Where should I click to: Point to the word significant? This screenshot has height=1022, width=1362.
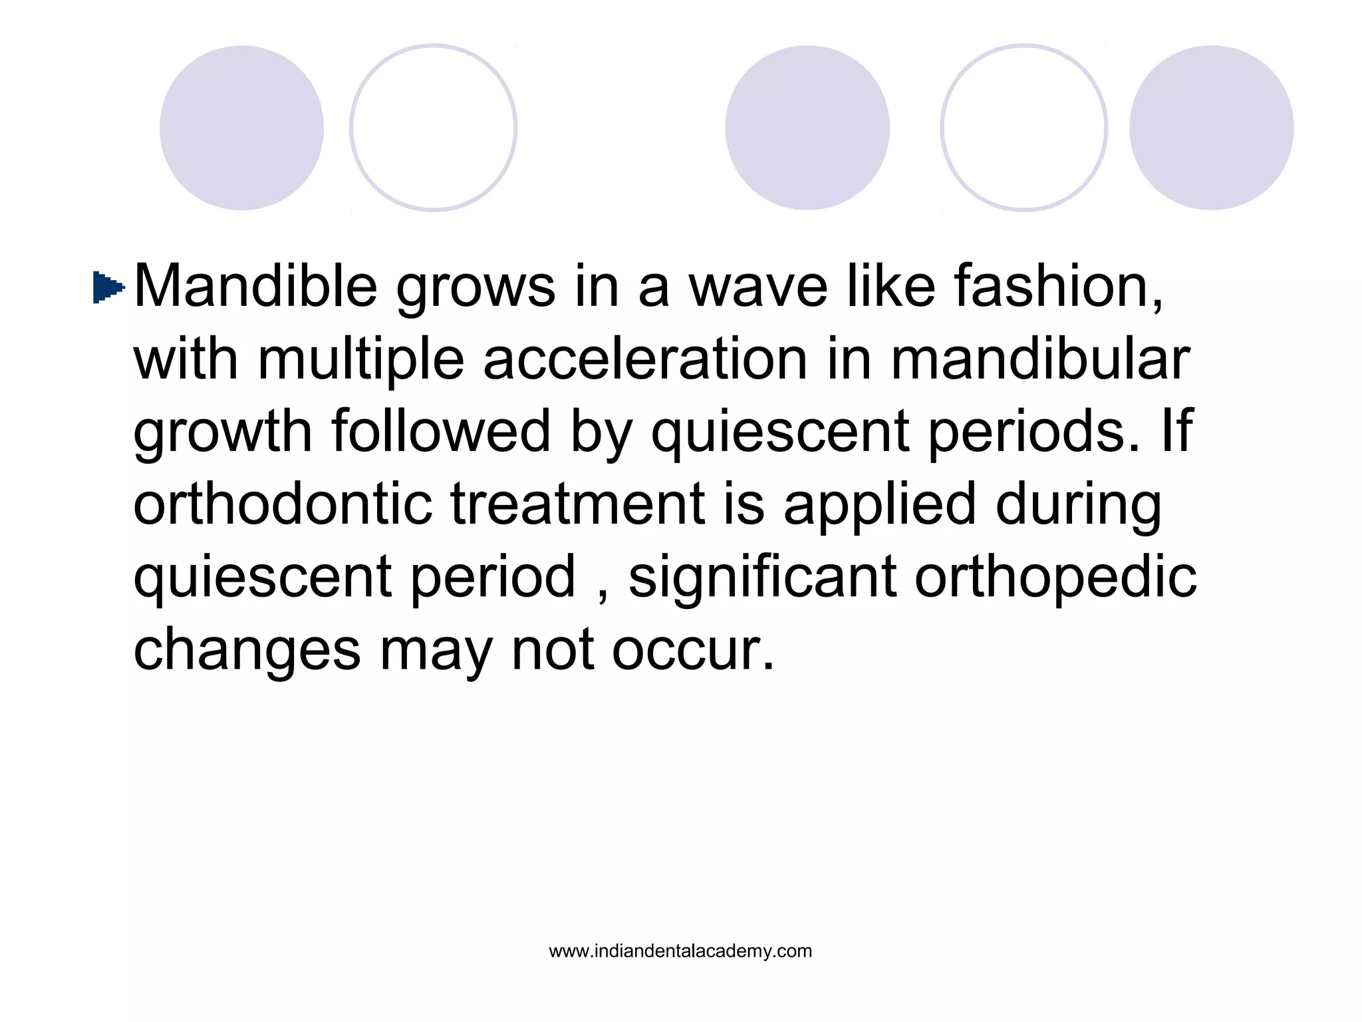(762, 577)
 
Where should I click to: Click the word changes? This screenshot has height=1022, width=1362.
(247, 651)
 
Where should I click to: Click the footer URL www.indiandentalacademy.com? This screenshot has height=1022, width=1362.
(680, 951)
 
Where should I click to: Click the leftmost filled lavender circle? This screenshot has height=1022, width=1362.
(241, 128)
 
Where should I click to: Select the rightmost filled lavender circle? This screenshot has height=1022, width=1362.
(1211, 128)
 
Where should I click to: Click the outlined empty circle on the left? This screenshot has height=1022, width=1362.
(433, 128)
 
